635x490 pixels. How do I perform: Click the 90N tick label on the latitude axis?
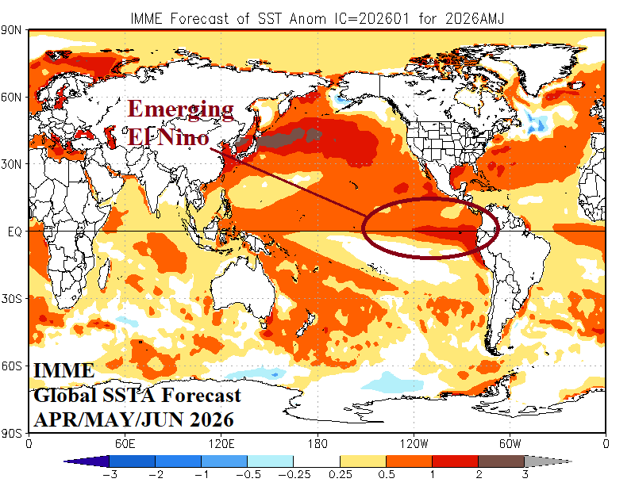coord(14,30)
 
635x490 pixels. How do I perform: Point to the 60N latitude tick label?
coord(14,97)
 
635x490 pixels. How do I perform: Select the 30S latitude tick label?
coord(14,299)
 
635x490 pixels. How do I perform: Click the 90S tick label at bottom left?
coord(14,433)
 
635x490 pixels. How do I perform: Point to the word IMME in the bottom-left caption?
coord(64,371)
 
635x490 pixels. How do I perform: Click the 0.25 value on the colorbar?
coord(340,475)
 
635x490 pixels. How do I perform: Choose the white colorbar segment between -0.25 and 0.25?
coord(317,461)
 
